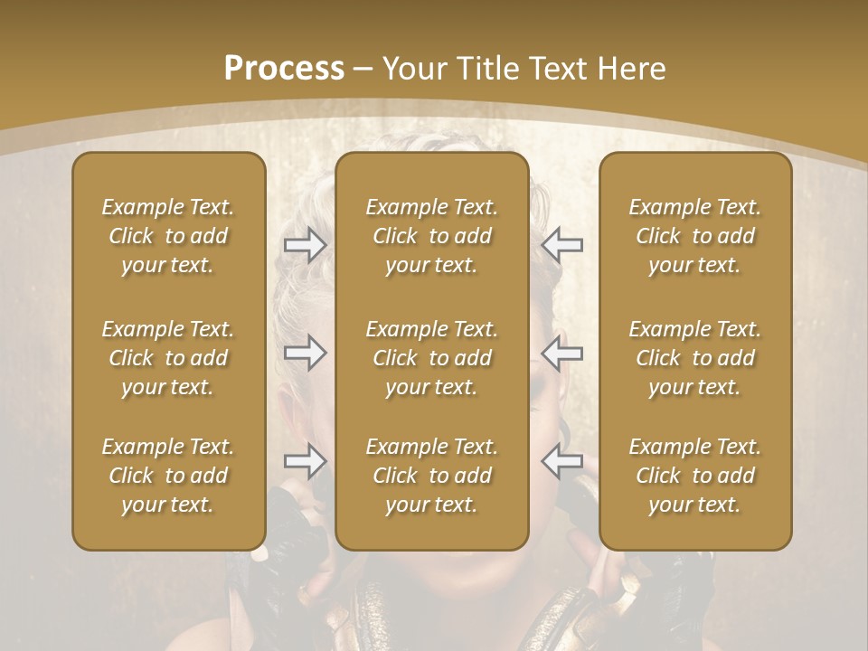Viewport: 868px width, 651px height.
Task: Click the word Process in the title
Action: [284, 69]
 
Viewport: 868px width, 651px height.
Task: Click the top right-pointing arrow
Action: [305, 244]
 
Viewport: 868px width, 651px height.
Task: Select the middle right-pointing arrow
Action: [305, 353]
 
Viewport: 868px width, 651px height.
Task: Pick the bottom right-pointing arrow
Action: [305, 461]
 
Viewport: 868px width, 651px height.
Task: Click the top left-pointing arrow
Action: [562, 244]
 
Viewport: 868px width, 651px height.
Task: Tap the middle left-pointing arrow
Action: [562, 353]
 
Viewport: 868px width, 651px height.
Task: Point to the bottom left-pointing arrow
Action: [562, 461]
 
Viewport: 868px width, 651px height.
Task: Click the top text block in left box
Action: [168, 236]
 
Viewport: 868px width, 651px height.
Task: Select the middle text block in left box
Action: [168, 358]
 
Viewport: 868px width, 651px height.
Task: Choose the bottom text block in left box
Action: [168, 476]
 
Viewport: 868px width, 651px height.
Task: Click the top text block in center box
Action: [432, 236]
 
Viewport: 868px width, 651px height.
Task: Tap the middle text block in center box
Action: [432, 358]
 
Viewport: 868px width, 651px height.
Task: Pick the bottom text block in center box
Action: [432, 476]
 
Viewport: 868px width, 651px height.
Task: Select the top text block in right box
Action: [695, 236]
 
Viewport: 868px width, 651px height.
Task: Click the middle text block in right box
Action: [695, 358]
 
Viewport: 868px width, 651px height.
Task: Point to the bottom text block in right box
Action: [695, 476]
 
